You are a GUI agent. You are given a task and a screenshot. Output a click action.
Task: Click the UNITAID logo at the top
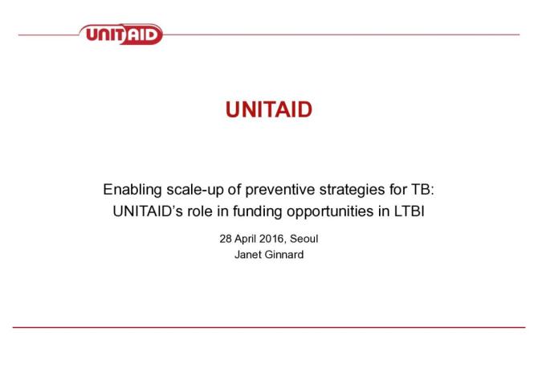(121, 35)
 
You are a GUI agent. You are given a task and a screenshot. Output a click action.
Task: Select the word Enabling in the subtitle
(130, 191)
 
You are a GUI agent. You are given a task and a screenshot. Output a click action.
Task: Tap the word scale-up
(191, 191)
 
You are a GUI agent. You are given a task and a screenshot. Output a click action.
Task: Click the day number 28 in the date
(225, 240)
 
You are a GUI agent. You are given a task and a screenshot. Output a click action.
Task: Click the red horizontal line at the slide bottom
(268, 327)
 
